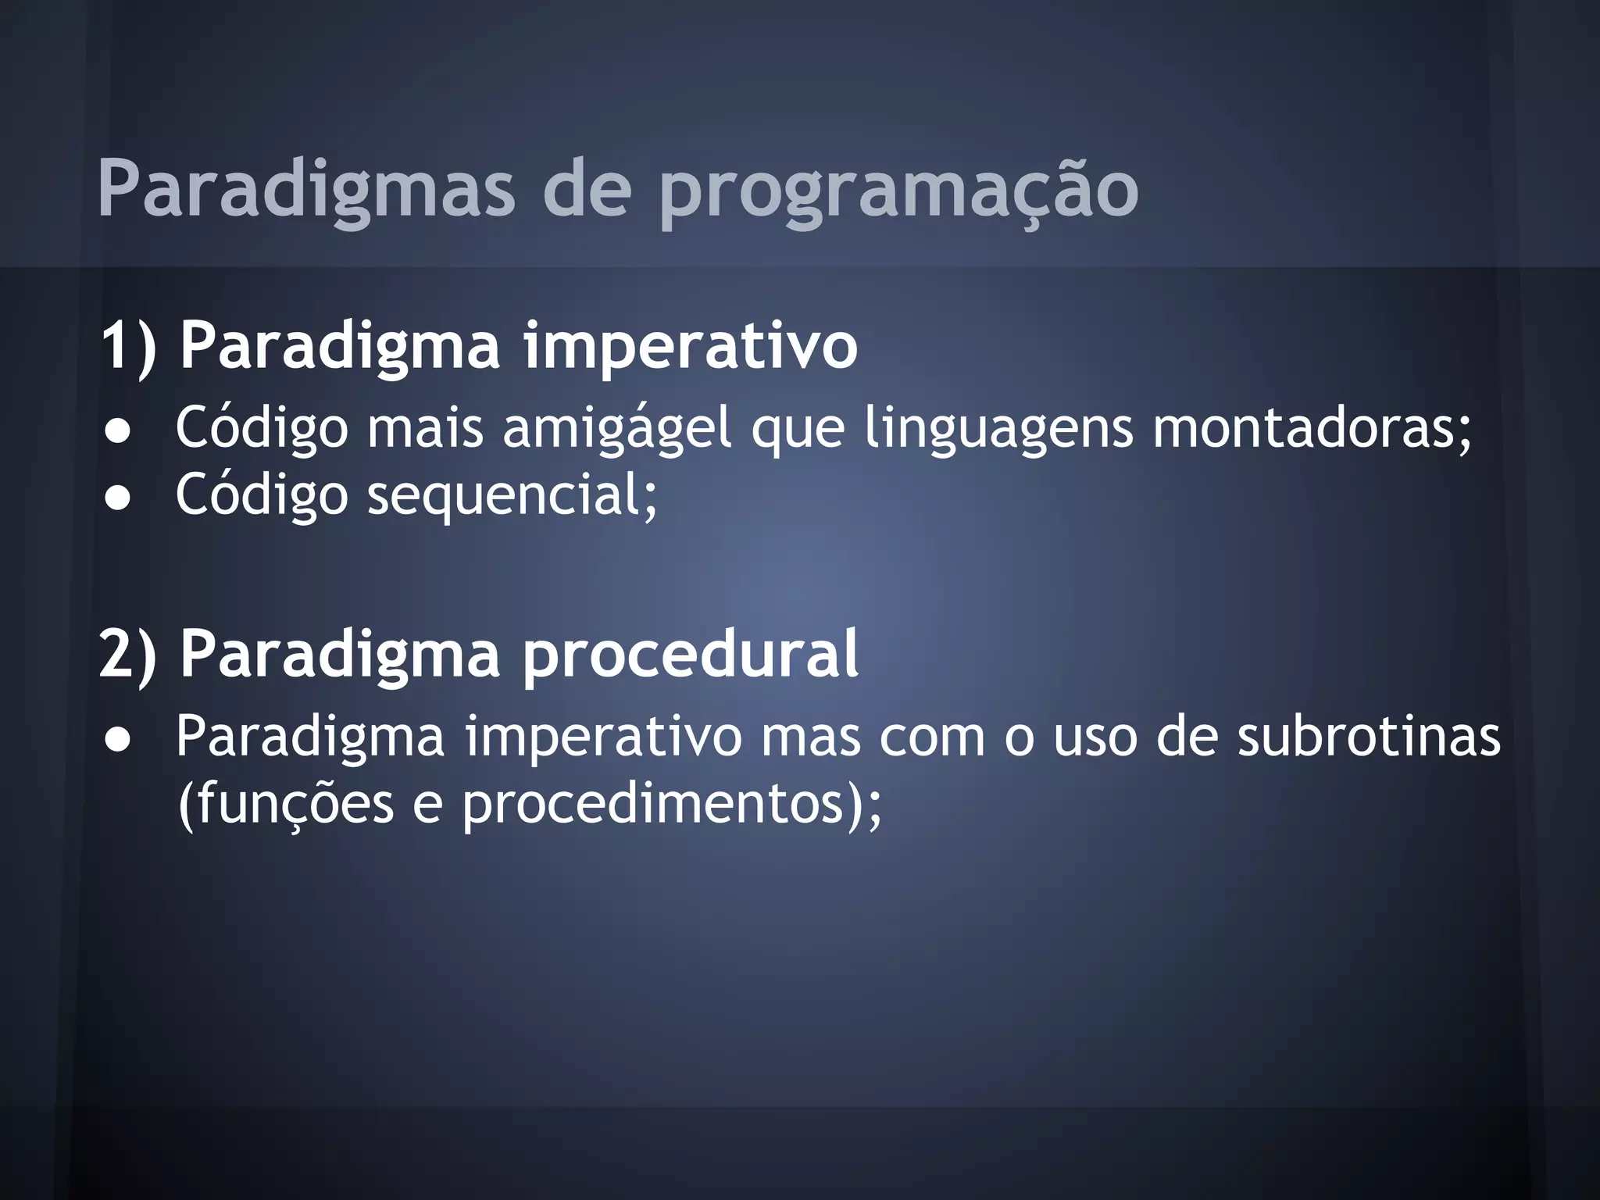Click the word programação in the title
(x=898, y=191)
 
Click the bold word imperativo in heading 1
(x=690, y=345)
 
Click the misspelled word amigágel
(x=617, y=428)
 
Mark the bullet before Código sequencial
(x=118, y=498)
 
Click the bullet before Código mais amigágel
(x=118, y=431)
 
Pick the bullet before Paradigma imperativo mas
(x=118, y=739)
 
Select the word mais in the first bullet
(x=425, y=428)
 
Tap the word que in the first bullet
(x=798, y=428)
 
